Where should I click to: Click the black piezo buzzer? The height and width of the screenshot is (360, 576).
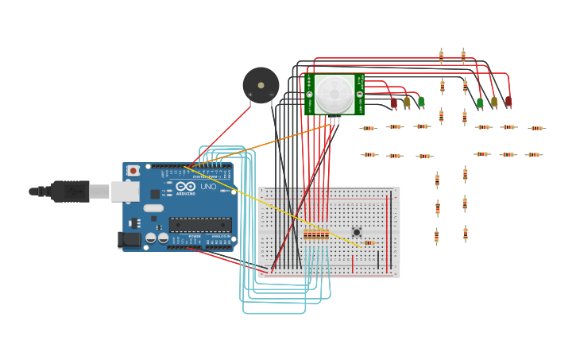261,84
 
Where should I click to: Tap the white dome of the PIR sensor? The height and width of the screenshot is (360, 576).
334,94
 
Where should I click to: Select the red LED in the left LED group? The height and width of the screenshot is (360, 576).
393,103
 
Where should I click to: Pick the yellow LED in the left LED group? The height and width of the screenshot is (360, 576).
407,101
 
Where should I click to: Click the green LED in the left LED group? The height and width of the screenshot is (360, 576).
421,101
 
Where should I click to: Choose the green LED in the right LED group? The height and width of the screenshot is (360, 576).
480,103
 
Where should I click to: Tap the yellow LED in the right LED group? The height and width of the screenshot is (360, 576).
494,101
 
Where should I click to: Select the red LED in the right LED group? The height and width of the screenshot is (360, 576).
508,101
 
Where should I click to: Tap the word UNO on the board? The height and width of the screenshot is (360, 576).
207,187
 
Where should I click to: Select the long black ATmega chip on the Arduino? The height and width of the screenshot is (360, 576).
200,225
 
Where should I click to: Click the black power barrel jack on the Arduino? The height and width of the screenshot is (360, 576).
129,239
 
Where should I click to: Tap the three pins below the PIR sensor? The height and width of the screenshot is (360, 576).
334,121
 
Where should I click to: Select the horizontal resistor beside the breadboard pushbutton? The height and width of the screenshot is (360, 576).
369,242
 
